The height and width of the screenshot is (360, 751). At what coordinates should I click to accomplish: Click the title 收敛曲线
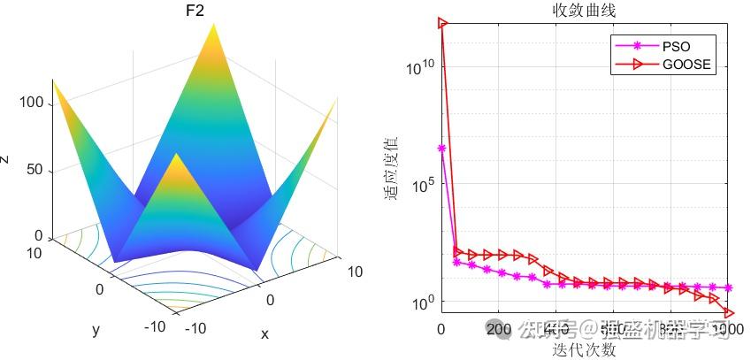pyautogui.click(x=584, y=11)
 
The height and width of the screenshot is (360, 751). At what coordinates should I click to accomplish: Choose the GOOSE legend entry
pyautogui.click(x=686, y=64)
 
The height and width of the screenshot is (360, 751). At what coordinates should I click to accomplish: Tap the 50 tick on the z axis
pyautogui.click(x=33, y=171)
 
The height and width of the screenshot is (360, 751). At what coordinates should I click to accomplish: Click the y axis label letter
pyautogui.click(x=95, y=330)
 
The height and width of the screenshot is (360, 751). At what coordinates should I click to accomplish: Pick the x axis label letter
pyautogui.click(x=264, y=334)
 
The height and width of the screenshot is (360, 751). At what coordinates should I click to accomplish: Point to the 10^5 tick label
pyautogui.click(x=422, y=185)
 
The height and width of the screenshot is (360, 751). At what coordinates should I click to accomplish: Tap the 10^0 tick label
pyautogui.click(x=422, y=303)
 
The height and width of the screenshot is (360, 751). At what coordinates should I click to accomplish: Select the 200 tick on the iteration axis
pyautogui.click(x=499, y=331)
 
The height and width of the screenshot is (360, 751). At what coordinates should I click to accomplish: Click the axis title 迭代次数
pyautogui.click(x=584, y=349)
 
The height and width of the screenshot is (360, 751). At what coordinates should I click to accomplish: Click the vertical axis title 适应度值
pyautogui.click(x=392, y=168)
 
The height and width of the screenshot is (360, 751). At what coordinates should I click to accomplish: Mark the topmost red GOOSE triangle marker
pyautogui.click(x=442, y=23)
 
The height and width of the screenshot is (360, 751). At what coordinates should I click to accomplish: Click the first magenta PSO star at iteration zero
pyautogui.click(x=441, y=149)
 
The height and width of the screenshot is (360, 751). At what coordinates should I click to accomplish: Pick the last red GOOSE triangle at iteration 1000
pyautogui.click(x=730, y=312)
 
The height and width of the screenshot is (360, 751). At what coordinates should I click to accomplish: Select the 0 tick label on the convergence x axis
pyautogui.click(x=441, y=331)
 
